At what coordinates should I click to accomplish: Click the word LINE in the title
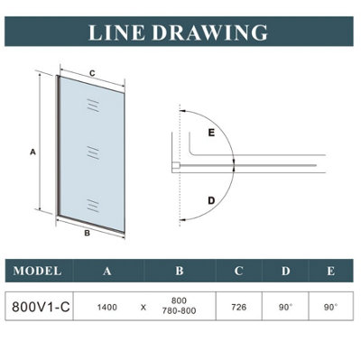[x=117, y=32]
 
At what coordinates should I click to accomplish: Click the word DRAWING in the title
[x=210, y=32]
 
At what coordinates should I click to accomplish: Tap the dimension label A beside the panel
[x=32, y=152]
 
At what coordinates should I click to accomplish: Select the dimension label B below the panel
[x=87, y=233]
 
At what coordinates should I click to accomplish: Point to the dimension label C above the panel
[x=92, y=73]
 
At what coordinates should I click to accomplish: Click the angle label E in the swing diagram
[x=211, y=133]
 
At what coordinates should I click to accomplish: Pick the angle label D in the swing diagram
[x=212, y=200]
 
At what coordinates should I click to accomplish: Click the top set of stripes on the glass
[x=93, y=106]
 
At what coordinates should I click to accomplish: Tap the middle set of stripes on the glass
[x=93, y=152]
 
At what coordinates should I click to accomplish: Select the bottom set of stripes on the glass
[x=93, y=206]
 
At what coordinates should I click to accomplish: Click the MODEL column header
[x=37, y=271]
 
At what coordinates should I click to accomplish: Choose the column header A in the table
[x=106, y=271]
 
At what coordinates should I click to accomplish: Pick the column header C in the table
[x=238, y=271]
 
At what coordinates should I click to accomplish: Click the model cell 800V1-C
[x=41, y=307]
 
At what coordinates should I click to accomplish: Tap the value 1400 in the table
[x=107, y=308]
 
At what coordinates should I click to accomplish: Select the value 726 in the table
[x=239, y=307]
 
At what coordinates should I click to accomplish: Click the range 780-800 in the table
[x=179, y=310]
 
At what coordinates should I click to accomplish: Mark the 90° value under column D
[x=285, y=307]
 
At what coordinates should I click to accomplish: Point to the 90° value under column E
[x=330, y=307]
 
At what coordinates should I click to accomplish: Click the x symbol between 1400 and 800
[x=143, y=308]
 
